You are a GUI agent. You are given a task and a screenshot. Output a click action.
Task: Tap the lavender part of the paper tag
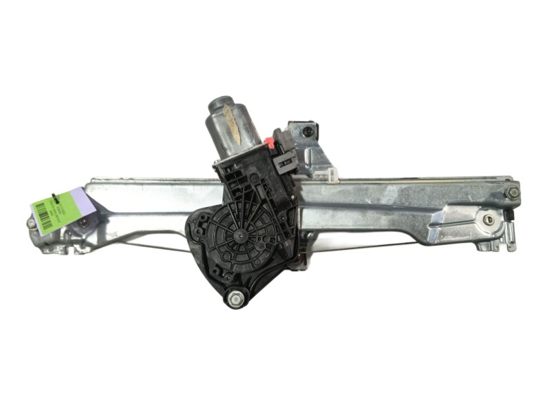pos(81,201)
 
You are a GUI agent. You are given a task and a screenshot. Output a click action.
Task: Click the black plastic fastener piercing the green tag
pos(55,198)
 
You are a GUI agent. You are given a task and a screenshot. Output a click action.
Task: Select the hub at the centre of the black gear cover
pos(239,235)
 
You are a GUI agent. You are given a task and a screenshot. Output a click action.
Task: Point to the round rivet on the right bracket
pos(489,219)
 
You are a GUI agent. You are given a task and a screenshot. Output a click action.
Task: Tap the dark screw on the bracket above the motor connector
pos(308,130)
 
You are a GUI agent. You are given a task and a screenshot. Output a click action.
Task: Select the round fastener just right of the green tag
pos(83,222)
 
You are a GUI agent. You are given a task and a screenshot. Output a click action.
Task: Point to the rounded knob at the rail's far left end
pos(32,224)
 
